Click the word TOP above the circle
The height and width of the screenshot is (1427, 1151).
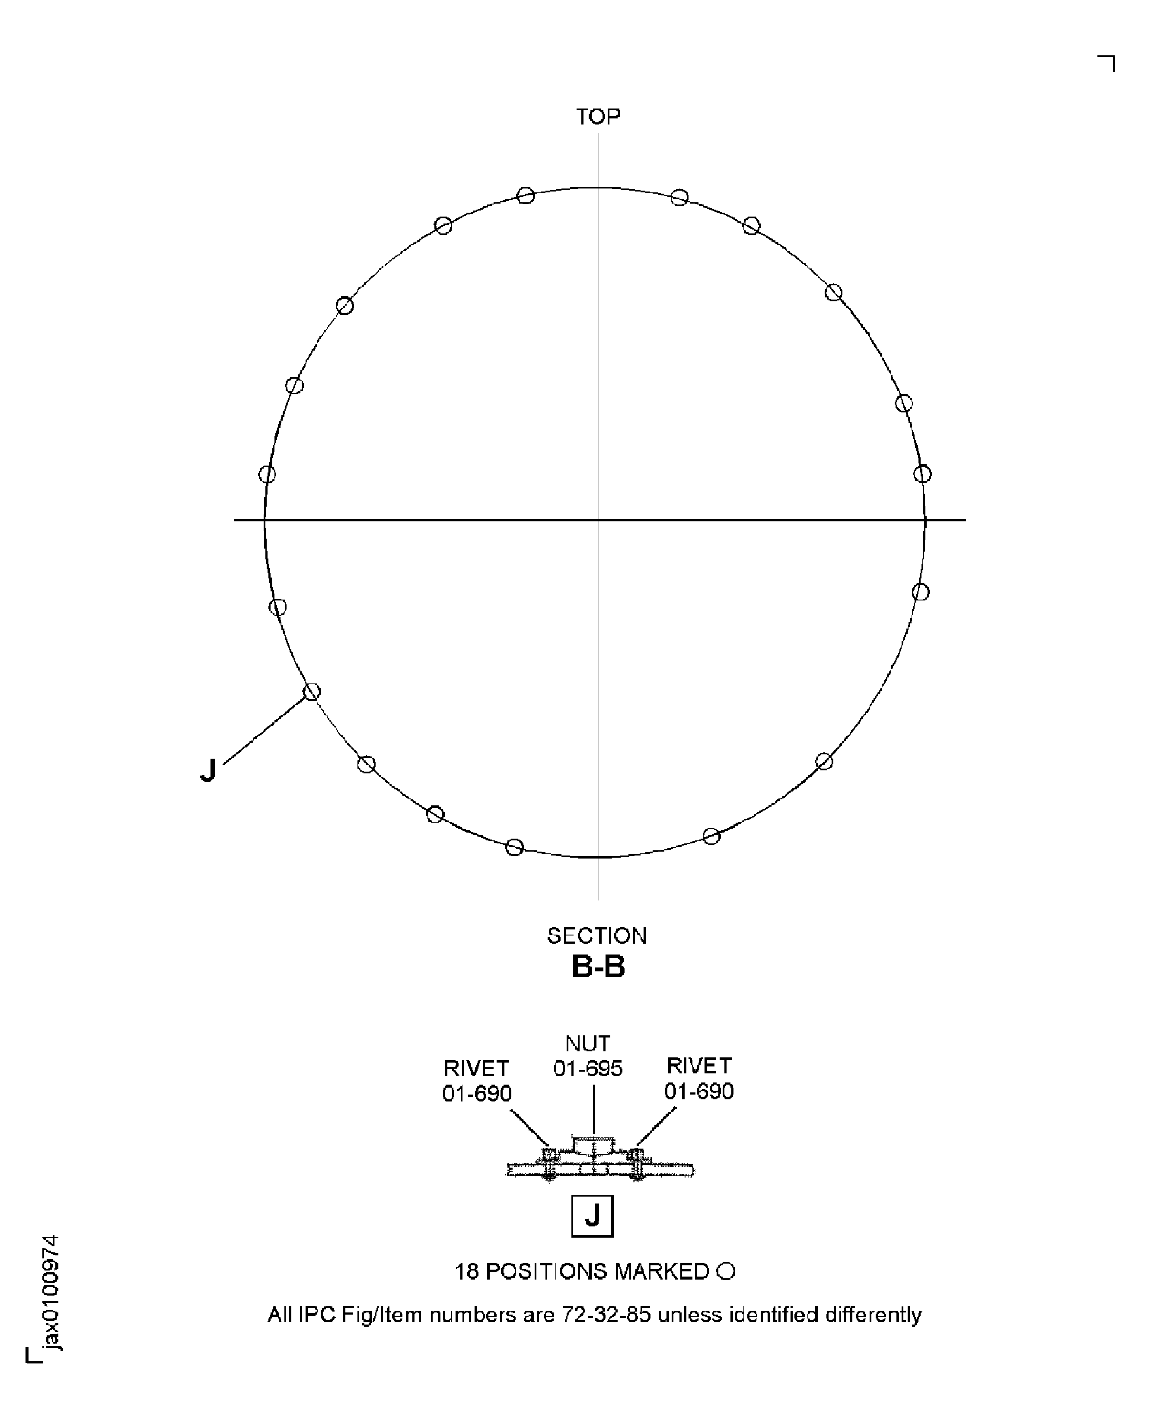coord(598,117)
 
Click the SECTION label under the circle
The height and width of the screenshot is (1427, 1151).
coord(597,935)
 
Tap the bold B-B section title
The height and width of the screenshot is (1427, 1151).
coord(598,967)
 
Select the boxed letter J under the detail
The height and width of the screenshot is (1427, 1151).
coord(592,1216)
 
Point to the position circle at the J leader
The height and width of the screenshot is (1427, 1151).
coord(312,692)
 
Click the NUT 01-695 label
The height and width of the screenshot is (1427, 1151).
coord(588,1057)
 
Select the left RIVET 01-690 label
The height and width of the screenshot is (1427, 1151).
coord(477,1080)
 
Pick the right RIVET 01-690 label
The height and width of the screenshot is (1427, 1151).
coord(699,1078)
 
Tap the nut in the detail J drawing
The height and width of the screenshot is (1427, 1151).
coord(594,1145)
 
